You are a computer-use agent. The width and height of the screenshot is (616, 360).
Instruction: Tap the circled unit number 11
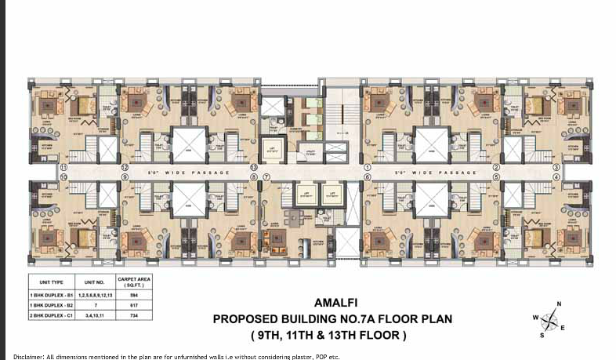pos(63,168)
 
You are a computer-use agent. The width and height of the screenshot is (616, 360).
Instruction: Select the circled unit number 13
pos(253,168)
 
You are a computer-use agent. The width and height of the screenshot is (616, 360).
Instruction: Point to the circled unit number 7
pos(267,177)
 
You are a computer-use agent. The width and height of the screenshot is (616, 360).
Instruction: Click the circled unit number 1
pos(367,168)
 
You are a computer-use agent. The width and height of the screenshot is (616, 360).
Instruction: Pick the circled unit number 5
pos(495,177)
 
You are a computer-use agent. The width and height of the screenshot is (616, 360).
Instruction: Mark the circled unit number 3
pos(556,168)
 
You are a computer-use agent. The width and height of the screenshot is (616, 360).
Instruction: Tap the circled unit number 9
pos(125,177)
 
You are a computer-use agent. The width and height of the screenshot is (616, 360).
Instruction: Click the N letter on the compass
pos(559,304)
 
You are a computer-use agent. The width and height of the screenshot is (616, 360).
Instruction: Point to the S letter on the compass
pos(542,336)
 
